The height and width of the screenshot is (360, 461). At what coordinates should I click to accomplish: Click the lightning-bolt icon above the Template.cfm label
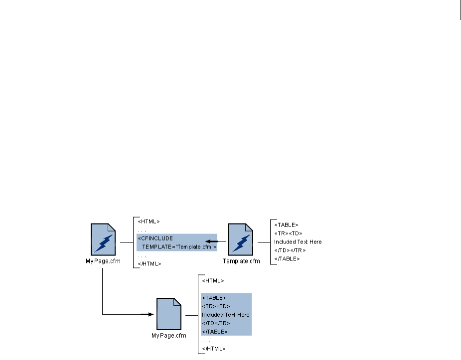coord(242,240)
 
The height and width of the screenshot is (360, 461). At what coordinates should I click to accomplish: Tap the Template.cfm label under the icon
coord(242,260)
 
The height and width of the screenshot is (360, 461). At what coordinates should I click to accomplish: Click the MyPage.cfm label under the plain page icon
coord(168,335)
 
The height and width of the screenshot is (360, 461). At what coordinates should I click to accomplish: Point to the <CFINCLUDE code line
coord(155,239)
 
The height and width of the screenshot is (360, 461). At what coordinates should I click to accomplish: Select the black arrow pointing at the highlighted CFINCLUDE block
coord(213,242)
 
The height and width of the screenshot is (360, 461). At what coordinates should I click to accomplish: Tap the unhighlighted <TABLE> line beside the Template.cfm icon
coord(286,225)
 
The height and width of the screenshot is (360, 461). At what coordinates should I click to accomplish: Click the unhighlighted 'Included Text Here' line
coord(298,242)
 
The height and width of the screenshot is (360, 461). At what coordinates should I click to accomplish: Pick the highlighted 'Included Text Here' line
coord(225,315)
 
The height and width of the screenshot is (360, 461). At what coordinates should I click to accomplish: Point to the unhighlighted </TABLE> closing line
coord(287,259)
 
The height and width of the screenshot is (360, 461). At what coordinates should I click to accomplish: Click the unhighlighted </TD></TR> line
coord(290,250)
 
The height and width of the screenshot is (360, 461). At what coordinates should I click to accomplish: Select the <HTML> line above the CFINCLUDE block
coord(149,222)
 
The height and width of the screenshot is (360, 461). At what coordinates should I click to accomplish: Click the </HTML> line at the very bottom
coord(214,349)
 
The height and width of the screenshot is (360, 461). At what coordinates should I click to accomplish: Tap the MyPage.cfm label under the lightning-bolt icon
coord(104,260)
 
